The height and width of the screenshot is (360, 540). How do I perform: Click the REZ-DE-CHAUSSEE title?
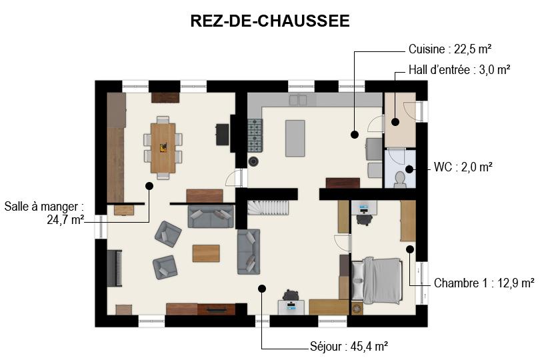click(x=270, y=21)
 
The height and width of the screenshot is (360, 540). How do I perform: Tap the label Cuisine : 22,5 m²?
click(x=450, y=49)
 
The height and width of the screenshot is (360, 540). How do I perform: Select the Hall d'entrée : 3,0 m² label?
click(x=459, y=70)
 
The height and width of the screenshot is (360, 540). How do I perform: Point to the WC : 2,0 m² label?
click(x=463, y=167)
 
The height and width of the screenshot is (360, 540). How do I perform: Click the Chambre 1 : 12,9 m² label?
click(x=484, y=283)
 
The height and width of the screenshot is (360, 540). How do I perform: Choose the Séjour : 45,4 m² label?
click(x=349, y=346)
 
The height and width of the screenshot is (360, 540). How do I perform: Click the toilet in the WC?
click(x=399, y=179)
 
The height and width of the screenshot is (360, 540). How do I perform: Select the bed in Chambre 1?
click(x=377, y=281)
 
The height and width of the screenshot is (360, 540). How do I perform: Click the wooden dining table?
click(x=163, y=148)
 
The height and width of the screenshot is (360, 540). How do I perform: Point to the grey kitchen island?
click(x=295, y=138)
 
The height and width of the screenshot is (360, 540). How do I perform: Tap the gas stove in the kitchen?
click(x=255, y=135)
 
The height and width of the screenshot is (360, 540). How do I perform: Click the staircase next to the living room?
click(x=268, y=208)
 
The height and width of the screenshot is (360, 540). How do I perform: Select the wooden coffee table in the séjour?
click(x=206, y=253)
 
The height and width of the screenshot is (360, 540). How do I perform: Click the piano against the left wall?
click(x=115, y=269)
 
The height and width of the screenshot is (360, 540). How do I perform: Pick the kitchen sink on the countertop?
click(x=298, y=100)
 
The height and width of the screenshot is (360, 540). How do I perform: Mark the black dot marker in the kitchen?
click(x=355, y=135)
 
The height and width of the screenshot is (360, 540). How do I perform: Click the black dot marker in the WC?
click(x=409, y=169)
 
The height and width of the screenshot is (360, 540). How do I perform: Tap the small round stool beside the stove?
click(x=254, y=161)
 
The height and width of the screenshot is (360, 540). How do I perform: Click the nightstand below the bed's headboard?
click(x=357, y=308)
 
